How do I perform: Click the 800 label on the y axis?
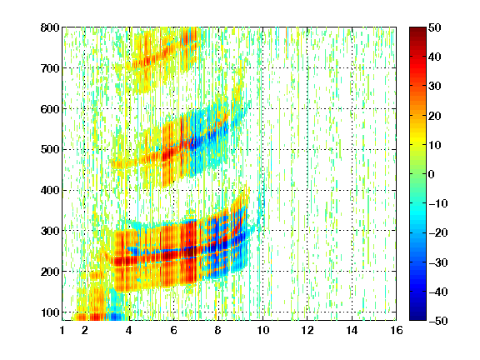pyautogui.click(x=50, y=27)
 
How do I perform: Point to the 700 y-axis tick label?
pyautogui.click(x=50, y=68)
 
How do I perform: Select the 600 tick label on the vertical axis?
pyautogui.click(x=50, y=109)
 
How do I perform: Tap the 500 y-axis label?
pyautogui.click(x=50, y=150)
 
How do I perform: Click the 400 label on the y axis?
pyautogui.click(x=50, y=190)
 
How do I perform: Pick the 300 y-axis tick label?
pyautogui.click(x=50, y=231)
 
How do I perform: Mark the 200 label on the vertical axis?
pyautogui.click(x=50, y=272)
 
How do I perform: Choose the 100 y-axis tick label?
pyautogui.click(x=50, y=312)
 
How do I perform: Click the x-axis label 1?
pyautogui.click(x=62, y=330)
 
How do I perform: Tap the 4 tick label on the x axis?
pyautogui.click(x=129, y=330)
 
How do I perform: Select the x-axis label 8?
pyautogui.click(x=217, y=330)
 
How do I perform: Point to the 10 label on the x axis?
pyautogui.click(x=262, y=330)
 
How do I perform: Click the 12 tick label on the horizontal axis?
pyautogui.click(x=307, y=330)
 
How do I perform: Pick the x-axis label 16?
pyautogui.click(x=397, y=330)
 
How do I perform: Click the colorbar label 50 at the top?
pyautogui.click(x=435, y=27)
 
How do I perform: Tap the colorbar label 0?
pyautogui.click(x=432, y=174)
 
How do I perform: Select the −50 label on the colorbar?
pyautogui.click(x=438, y=321)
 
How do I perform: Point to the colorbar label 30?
pyautogui.click(x=435, y=87)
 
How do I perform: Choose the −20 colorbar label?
pyautogui.click(x=438, y=232)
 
